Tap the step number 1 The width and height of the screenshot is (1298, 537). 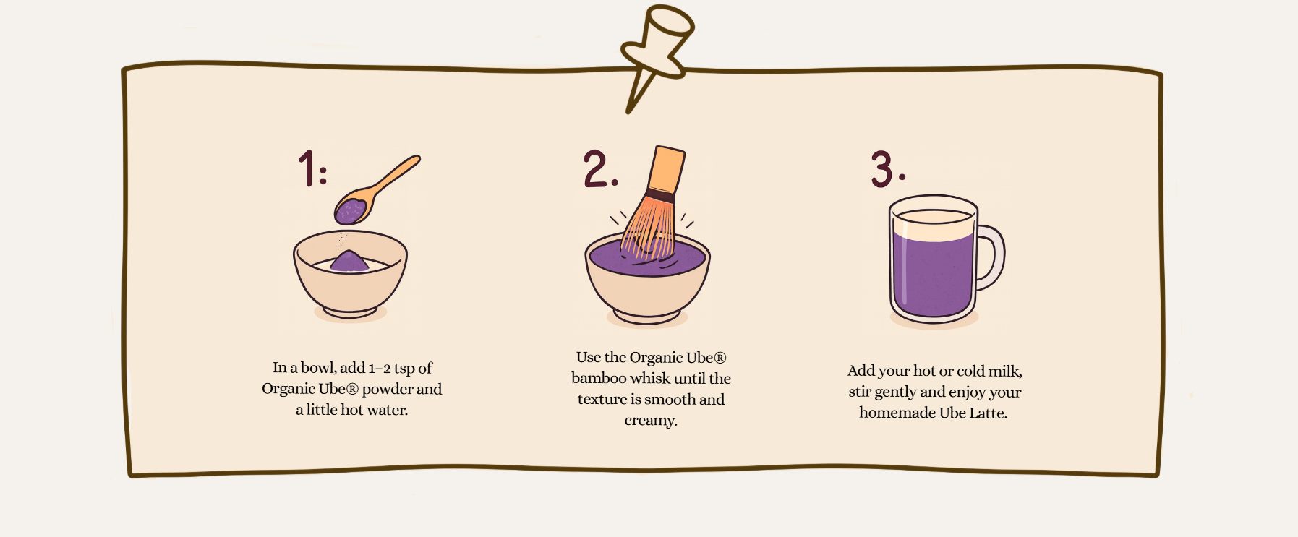coord(307,169)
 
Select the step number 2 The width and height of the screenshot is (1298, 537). coord(597,169)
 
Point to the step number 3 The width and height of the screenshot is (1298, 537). coord(883,169)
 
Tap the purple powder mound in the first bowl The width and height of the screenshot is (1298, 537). coord(349,261)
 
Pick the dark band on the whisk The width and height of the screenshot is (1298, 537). coord(660,196)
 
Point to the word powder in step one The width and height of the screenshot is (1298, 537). coord(387,389)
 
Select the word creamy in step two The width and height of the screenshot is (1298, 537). coord(651,421)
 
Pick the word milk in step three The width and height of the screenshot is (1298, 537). coord(1004,371)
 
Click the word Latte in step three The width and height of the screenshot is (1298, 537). coord(988,413)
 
